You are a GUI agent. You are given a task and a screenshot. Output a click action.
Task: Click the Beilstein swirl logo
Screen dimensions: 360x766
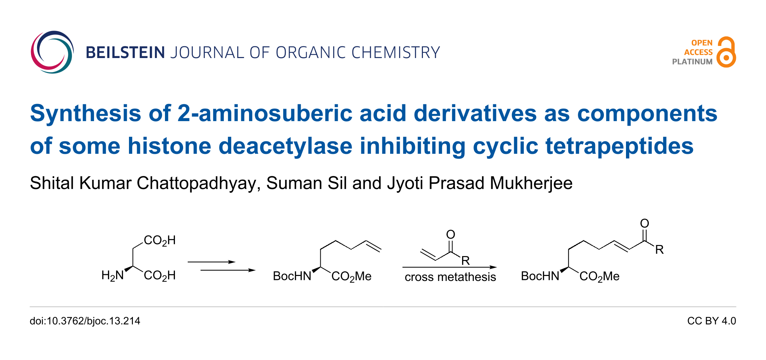tap(52, 52)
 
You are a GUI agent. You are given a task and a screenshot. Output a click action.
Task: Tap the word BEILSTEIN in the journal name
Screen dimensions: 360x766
tap(125, 53)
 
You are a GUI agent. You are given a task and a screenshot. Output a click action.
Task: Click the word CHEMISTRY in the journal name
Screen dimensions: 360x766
tap(395, 53)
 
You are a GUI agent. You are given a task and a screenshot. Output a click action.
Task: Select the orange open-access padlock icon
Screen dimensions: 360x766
tap(726, 52)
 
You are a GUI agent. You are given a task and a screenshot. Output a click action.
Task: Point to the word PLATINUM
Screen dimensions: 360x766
tap(692, 62)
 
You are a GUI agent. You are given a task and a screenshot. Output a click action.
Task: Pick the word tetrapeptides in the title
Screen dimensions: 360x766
tap(619, 146)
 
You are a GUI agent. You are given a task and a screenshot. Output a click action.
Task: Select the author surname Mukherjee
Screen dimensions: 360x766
tap(531, 183)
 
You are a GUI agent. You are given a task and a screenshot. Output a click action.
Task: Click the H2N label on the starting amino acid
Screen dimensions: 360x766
tap(113, 275)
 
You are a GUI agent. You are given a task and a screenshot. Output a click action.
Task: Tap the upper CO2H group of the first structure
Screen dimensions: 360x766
tap(160, 240)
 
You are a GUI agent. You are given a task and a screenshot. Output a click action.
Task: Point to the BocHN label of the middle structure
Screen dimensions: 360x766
tap(292, 276)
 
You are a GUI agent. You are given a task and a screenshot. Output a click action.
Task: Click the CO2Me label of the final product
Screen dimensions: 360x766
tap(599, 276)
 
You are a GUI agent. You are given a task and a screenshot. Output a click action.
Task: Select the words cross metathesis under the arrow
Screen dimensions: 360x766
tap(450, 277)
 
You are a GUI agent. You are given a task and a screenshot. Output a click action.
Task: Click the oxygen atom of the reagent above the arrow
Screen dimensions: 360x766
tap(451, 234)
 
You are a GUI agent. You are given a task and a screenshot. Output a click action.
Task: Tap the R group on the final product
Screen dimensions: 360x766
tap(659, 250)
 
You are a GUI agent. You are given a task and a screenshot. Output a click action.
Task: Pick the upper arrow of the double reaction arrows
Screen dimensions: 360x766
tap(211, 262)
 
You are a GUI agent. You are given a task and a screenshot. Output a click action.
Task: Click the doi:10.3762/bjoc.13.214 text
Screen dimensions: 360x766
tap(85, 321)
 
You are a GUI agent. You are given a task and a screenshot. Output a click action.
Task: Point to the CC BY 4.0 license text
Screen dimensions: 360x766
tap(711, 321)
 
